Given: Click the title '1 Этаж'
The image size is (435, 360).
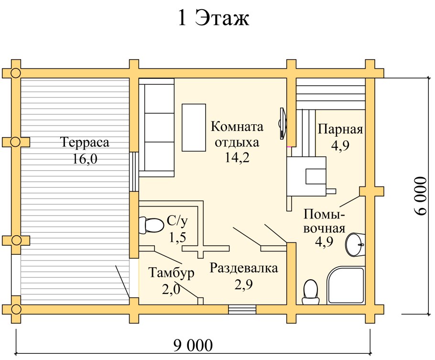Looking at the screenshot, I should coord(214,19).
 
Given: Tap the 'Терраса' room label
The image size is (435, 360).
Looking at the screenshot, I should coord(85,142).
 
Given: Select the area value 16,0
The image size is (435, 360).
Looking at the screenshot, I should coord(85,159).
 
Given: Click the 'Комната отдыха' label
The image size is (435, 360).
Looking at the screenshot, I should coord(237,134).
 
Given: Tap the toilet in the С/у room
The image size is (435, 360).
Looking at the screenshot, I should coord(151,225).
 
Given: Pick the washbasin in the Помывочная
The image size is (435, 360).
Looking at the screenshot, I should coord(354,244).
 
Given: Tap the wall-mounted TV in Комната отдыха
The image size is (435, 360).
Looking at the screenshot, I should coord(283,120).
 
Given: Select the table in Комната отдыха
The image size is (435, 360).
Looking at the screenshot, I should coord(193,127).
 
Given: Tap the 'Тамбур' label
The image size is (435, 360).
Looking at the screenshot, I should coord(171,273).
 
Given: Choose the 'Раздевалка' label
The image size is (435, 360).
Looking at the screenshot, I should coord(244,268).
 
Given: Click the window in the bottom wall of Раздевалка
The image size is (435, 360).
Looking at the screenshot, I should coord(242,309).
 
